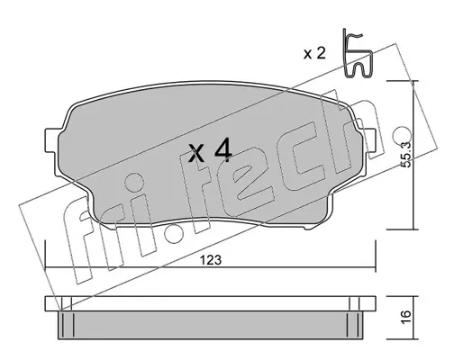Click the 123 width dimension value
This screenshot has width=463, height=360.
[211, 260]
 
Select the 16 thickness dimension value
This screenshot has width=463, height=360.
[405, 317]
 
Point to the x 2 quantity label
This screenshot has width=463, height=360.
[314, 53]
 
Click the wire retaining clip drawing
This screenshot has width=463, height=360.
[358, 54]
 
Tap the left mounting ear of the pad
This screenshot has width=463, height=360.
[51, 140]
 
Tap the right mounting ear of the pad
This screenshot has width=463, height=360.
[370, 140]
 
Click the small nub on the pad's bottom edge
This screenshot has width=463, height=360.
[309, 228]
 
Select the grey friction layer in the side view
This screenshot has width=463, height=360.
[216, 325]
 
